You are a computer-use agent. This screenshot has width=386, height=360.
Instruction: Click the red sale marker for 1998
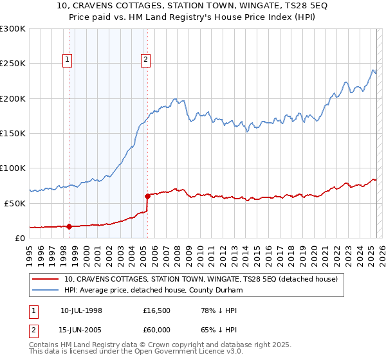69,226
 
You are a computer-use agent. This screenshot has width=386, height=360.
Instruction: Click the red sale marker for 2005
147,195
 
